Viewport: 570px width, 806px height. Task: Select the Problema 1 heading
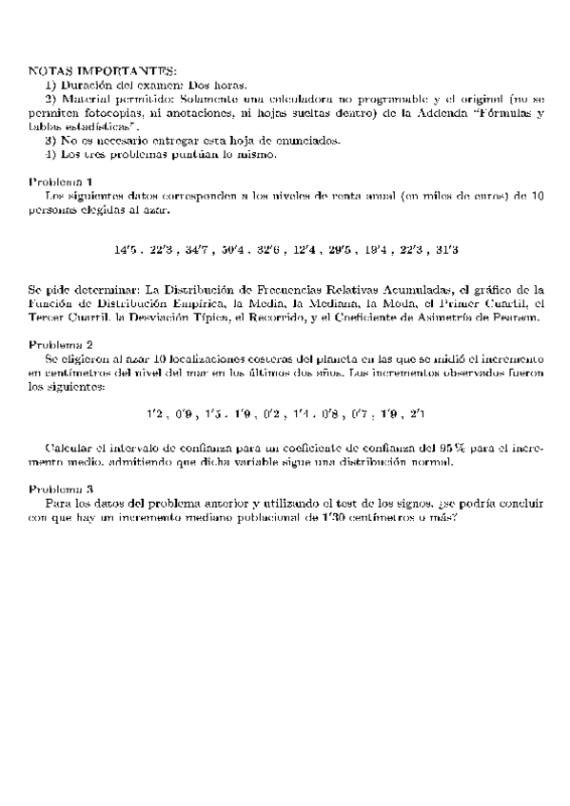[60, 181]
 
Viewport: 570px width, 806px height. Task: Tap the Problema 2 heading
[60, 344]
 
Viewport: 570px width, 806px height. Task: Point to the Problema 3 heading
[60, 488]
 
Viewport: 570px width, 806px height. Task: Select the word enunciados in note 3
[303, 139]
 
